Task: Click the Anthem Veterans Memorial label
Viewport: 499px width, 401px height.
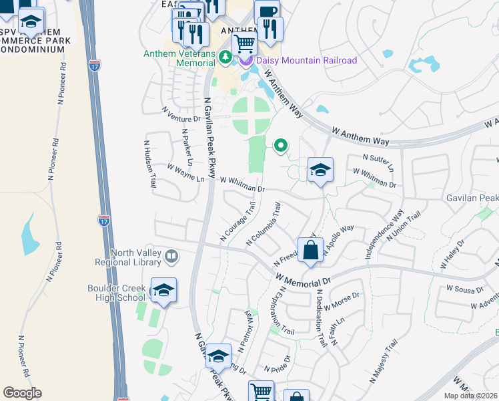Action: pyautogui.click(x=182, y=58)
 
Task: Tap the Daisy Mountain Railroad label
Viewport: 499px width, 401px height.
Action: pyautogui.click(x=306, y=61)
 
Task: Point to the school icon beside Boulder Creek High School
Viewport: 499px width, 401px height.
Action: pyautogui.click(x=163, y=291)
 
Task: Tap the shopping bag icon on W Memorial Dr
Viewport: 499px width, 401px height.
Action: pyautogui.click(x=311, y=251)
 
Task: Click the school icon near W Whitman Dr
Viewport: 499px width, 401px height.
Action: pyautogui.click(x=320, y=170)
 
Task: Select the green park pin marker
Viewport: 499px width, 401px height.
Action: pyautogui.click(x=281, y=144)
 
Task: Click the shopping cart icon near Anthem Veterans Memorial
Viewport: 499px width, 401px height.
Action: pyautogui.click(x=245, y=45)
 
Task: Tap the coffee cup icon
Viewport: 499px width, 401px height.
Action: pyautogui.click(x=267, y=11)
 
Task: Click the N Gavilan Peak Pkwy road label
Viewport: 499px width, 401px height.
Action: pyautogui.click(x=208, y=138)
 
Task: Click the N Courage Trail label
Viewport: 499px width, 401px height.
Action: pyautogui.click(x=238, y=223)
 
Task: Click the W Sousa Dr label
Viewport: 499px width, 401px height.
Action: pyautogui.click(x=464, y=289)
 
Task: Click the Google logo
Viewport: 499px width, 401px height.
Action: pyautogui.click(x=22, y=393)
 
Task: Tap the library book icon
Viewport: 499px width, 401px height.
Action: pyautogui.click(x=171, y=257)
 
